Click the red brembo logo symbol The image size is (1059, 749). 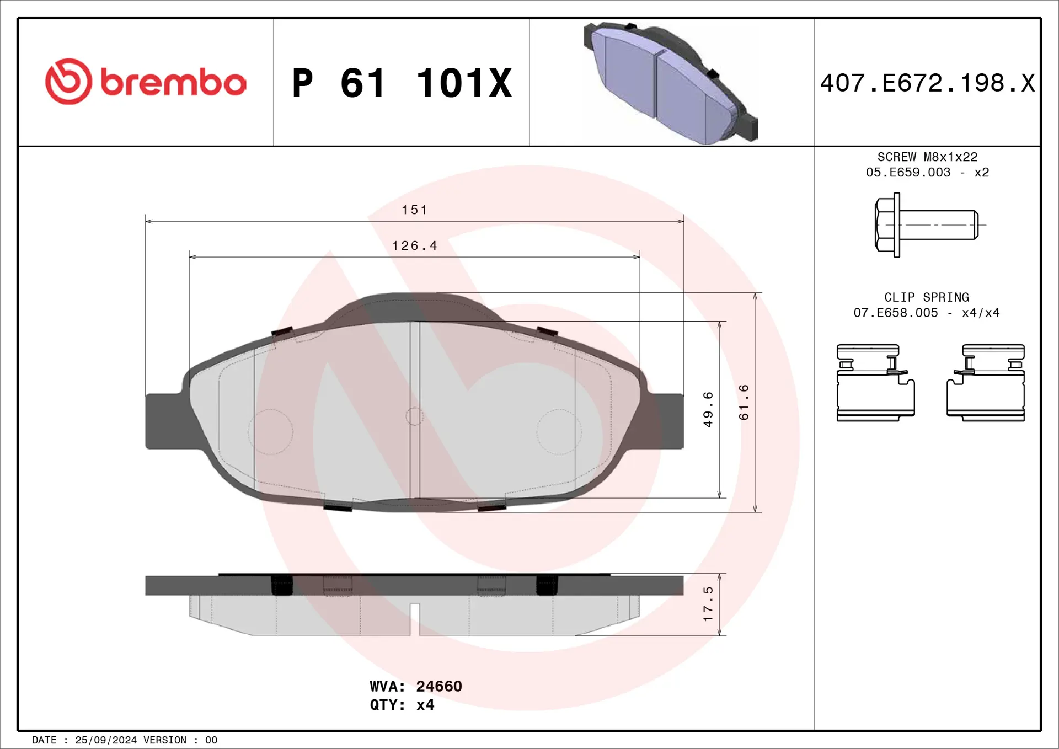coord(68,82)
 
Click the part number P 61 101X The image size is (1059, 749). coord(402,83)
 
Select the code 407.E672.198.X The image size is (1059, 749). coord(927,83)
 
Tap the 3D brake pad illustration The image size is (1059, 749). coord(670,83)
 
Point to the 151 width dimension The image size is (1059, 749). coord(414,210)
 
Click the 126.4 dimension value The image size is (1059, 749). coord(414,246)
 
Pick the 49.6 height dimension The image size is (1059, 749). coord(708,409)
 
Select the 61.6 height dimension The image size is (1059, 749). coord(744,403)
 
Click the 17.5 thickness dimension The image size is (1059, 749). coord(708,604)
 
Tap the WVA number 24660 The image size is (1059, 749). coord(438,686)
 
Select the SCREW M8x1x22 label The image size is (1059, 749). coord(927,157)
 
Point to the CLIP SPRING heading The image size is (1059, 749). coord(927,297)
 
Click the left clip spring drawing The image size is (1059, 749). coord(875,383)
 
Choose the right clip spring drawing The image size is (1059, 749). coord(986,383)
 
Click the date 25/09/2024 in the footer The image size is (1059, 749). coord(105,740)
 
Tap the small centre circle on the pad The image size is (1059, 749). coord(414,416)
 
